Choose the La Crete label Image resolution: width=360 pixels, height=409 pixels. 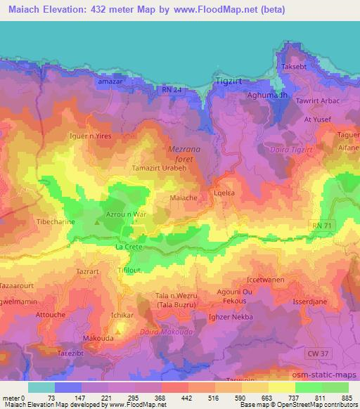point(129,248)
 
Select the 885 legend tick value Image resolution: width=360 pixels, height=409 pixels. point(347,397)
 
